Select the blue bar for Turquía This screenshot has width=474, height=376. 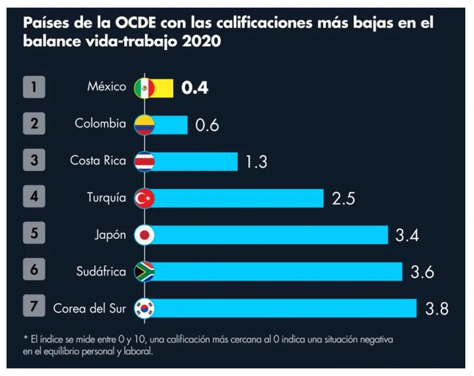pyautogui.click(x=239, y=198)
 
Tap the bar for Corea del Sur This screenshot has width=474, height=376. pyautogui.click(x=285, y=308)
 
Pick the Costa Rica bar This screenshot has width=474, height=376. pyautogui.click(x=196, y=161)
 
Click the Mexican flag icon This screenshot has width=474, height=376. pyautogui.click(x=144, y=88)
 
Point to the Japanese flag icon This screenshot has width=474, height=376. pyautogui.click(x=144, y=235)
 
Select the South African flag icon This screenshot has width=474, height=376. pyautogui.click(x=144, y=272)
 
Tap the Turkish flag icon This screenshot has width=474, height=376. pyautogui.click(x=144, y=198)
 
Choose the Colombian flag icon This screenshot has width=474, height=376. pyautogui.click(x=144, y=124)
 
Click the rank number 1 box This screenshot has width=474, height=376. pyautogui.click(x=34, y=87)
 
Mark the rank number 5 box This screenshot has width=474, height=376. pyautogui.click(x=34, y=235)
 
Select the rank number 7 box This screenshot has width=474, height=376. pyautogui.click(x=34, y=308)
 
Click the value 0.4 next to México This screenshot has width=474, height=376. pyautogui.click(x=195, y=88)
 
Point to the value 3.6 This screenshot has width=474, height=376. pyautogui.click(x=422, y=272)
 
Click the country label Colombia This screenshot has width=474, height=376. pyautogui.click(x=100, y=124)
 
